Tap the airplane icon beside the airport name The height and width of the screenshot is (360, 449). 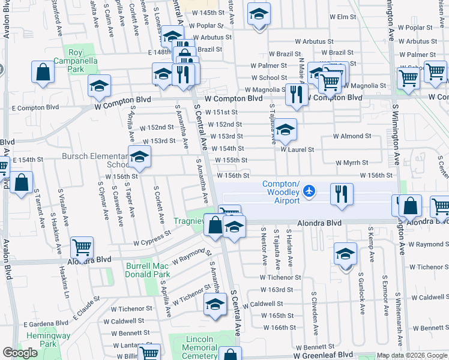[x=309, y=191]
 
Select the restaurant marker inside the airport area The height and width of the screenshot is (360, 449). [x=342, y=194]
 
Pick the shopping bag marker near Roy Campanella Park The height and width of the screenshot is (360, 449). [x=43, y=73]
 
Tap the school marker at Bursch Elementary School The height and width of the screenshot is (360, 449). [x=139, y=157]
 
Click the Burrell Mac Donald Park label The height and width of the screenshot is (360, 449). [x=148, y=270]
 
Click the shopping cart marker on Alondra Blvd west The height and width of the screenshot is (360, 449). [x=82, y=247]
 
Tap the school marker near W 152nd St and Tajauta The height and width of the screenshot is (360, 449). [x=286, y=128]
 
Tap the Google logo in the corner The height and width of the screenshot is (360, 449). [x=20, y=353]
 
